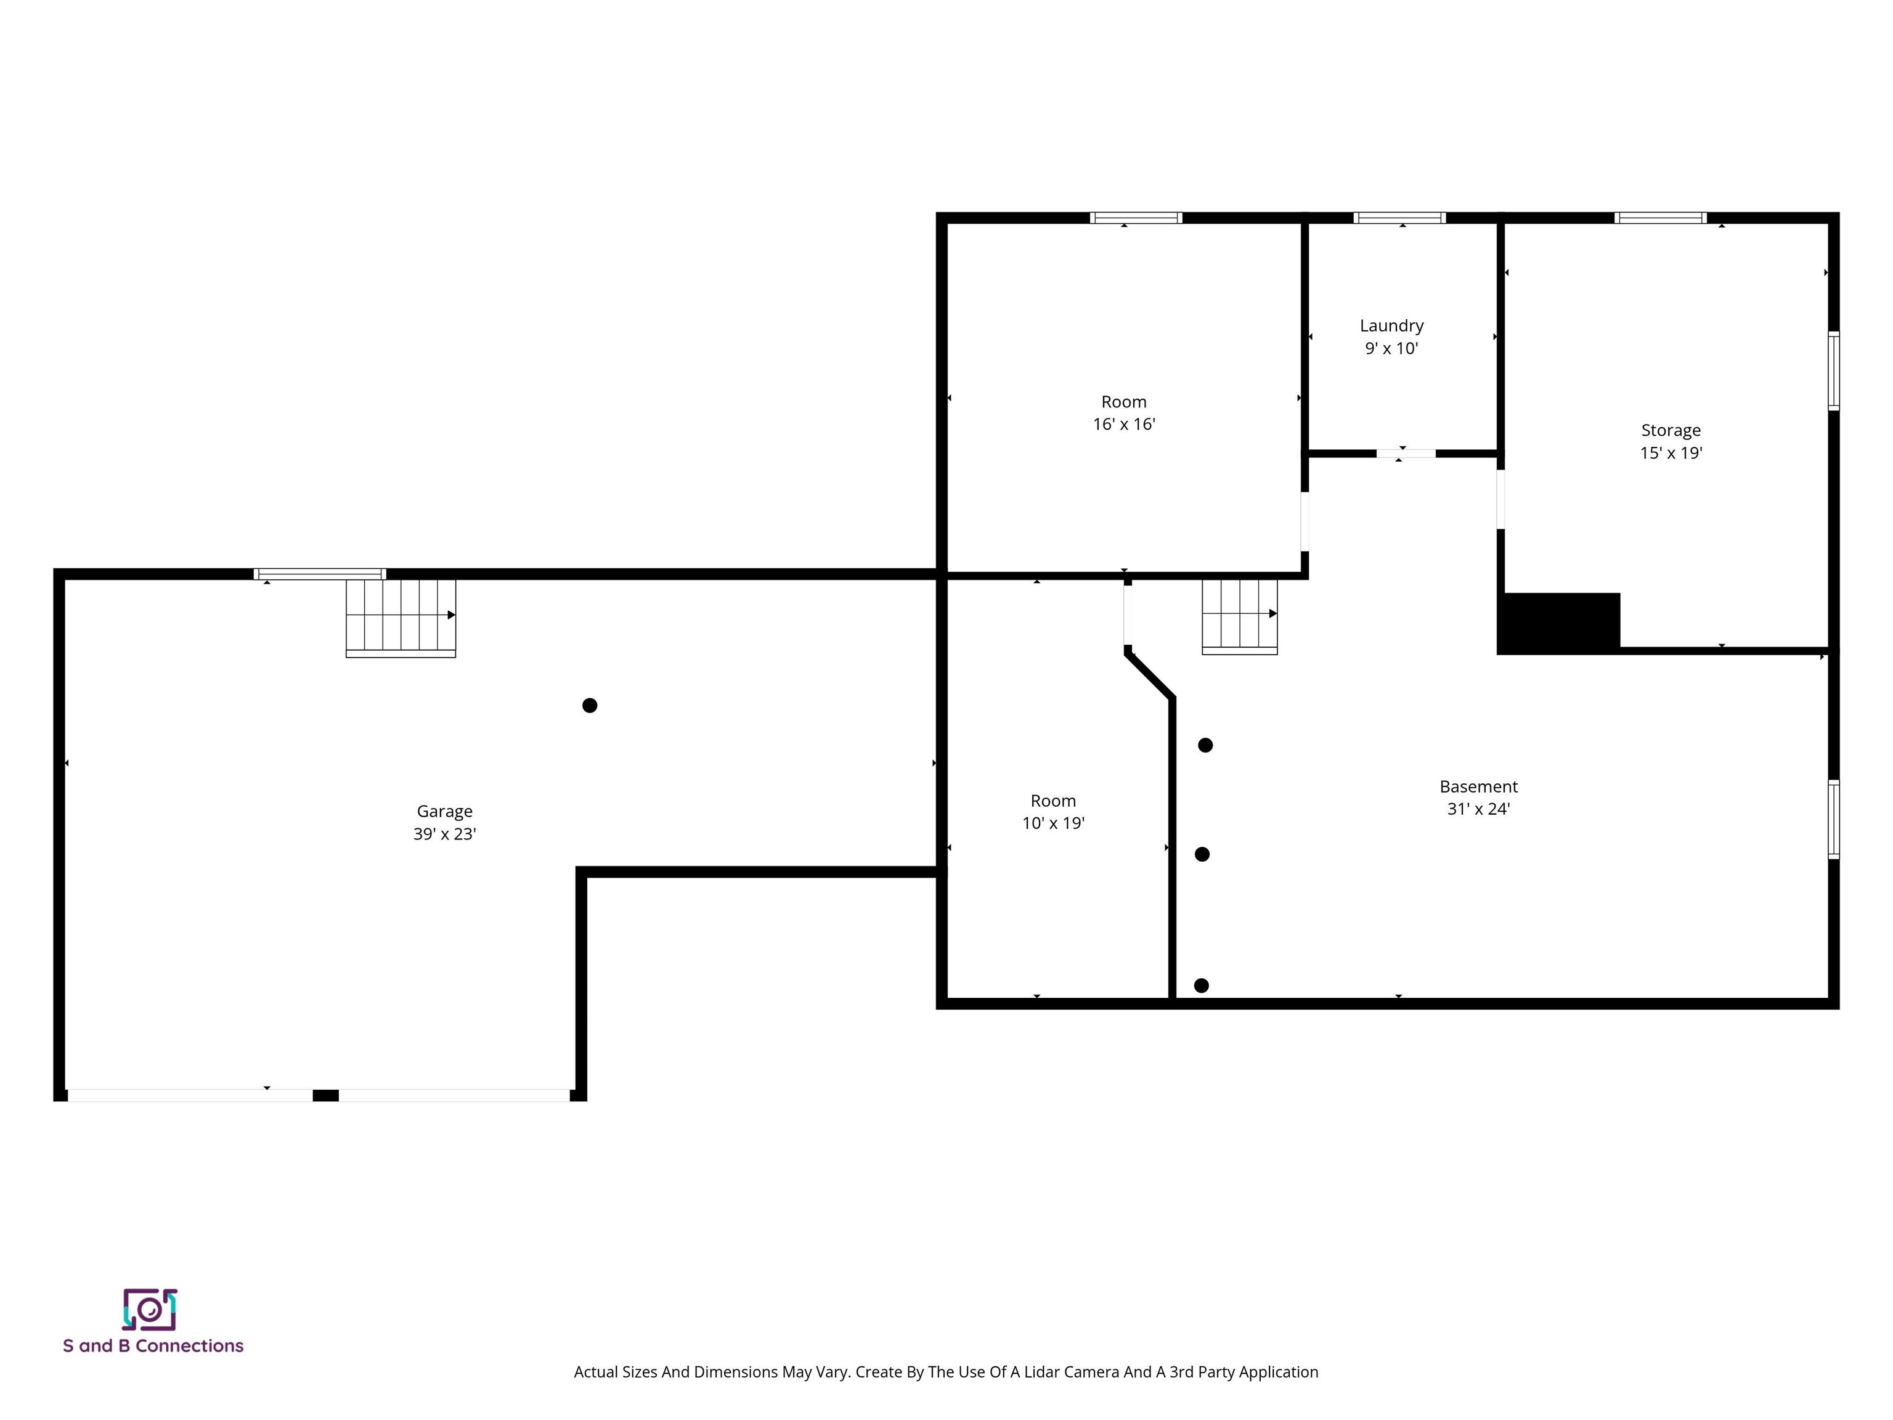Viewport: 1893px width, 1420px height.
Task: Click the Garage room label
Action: [x=444, y=822]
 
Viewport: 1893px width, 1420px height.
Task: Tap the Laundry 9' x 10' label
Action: [x=1391, y=337]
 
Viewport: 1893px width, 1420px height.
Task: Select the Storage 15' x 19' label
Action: [x=1671, y=441]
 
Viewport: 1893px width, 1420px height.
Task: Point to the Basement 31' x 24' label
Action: [x=1478, y=797]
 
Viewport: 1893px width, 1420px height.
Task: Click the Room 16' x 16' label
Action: [x=1123, y=412]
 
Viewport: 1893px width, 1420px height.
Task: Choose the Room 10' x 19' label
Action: [x=1052, y=812]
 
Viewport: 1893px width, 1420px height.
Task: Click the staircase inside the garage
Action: [x=401, y=616]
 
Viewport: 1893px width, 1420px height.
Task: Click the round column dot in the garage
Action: [x=590, y=705]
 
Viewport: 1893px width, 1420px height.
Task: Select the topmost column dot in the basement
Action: [x=1205, y=746]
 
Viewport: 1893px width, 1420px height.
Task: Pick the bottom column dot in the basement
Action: [x=1202, y=985]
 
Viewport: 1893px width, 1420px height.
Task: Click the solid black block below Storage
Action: [x=1558, y=622]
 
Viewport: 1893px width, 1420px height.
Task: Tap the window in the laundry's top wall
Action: [x=1399, y=218]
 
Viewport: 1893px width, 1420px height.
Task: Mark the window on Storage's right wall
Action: [x=1833, y=370]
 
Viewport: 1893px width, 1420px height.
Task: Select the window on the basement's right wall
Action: [x=1833, y=818]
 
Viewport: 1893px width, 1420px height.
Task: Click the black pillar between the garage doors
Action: [x=325, y=1095]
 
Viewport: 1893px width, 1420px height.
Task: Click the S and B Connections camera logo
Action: [x=150, y=1310]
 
